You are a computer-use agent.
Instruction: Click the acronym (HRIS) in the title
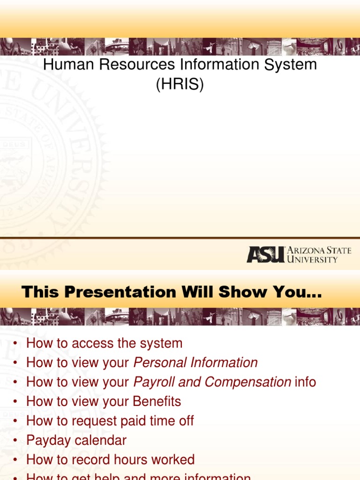pos(180,85)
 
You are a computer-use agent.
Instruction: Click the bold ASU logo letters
pos(265,255)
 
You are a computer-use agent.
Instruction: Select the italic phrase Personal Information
pos(195,362)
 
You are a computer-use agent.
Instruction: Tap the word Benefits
pos(157,402)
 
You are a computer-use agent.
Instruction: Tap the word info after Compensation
pos(306,382)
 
